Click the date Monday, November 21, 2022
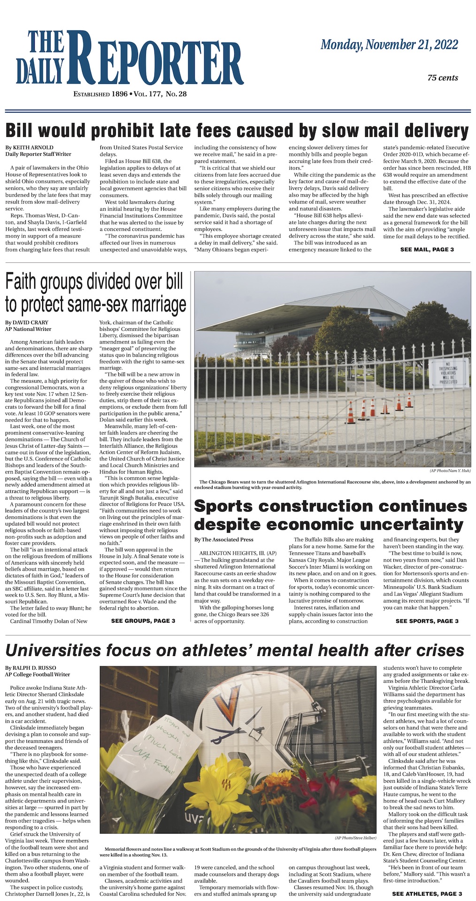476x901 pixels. tap(389, 45)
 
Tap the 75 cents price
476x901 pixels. tap(442, 78)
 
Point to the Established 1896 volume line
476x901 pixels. tap(130, 94)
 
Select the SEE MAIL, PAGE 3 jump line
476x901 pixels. tap(427, 249)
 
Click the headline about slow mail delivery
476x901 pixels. tap(237, 130)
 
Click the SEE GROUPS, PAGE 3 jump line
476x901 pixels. tap(143, 621)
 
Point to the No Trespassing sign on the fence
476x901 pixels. tap(451, 373)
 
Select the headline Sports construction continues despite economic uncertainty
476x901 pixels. tap(330, 514)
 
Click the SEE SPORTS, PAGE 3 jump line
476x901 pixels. tap(427, 621)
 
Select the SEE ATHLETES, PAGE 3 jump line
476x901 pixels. tap(427, 893)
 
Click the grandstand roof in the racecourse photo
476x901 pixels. tap(300, 310)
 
